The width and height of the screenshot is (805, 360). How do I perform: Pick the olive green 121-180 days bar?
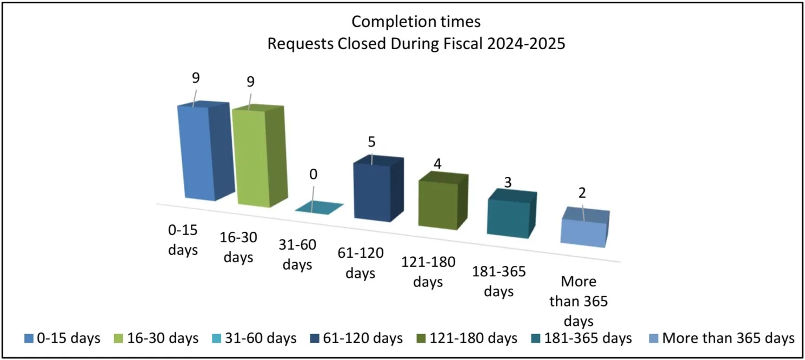tap(437, 203)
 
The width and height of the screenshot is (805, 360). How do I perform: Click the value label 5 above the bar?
tap(371, 142)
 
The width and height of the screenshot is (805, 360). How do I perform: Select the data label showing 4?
tap(438, 163)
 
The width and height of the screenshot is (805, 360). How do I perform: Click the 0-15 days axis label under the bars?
tap(183, 240)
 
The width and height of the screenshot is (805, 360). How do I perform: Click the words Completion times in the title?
tap(416, 22)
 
